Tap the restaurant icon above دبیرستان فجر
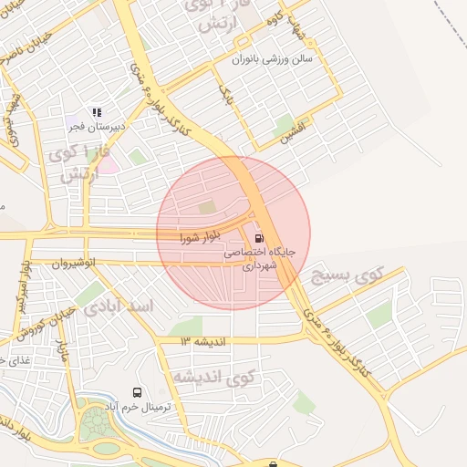point(97,112)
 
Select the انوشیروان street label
point(74,264)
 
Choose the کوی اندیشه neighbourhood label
point(213,377)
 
